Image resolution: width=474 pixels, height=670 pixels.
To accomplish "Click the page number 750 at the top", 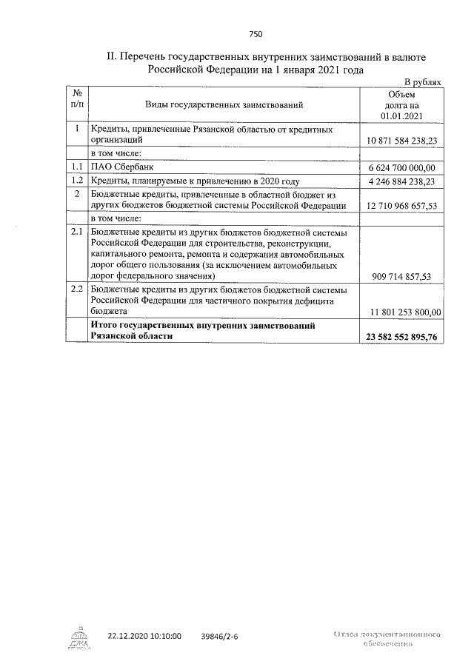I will (256, 34).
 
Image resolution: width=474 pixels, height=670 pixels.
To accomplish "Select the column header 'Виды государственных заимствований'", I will (224, 106).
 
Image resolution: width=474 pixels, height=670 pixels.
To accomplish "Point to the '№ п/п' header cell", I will (76, 100).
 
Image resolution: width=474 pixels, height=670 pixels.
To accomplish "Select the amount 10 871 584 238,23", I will (401, 140).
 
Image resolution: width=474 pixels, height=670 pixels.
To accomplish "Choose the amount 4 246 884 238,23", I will (401, 181).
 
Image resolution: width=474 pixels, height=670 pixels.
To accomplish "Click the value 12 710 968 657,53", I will (401, 205).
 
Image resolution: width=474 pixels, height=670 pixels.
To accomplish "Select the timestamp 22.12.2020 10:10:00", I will (144, 636).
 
